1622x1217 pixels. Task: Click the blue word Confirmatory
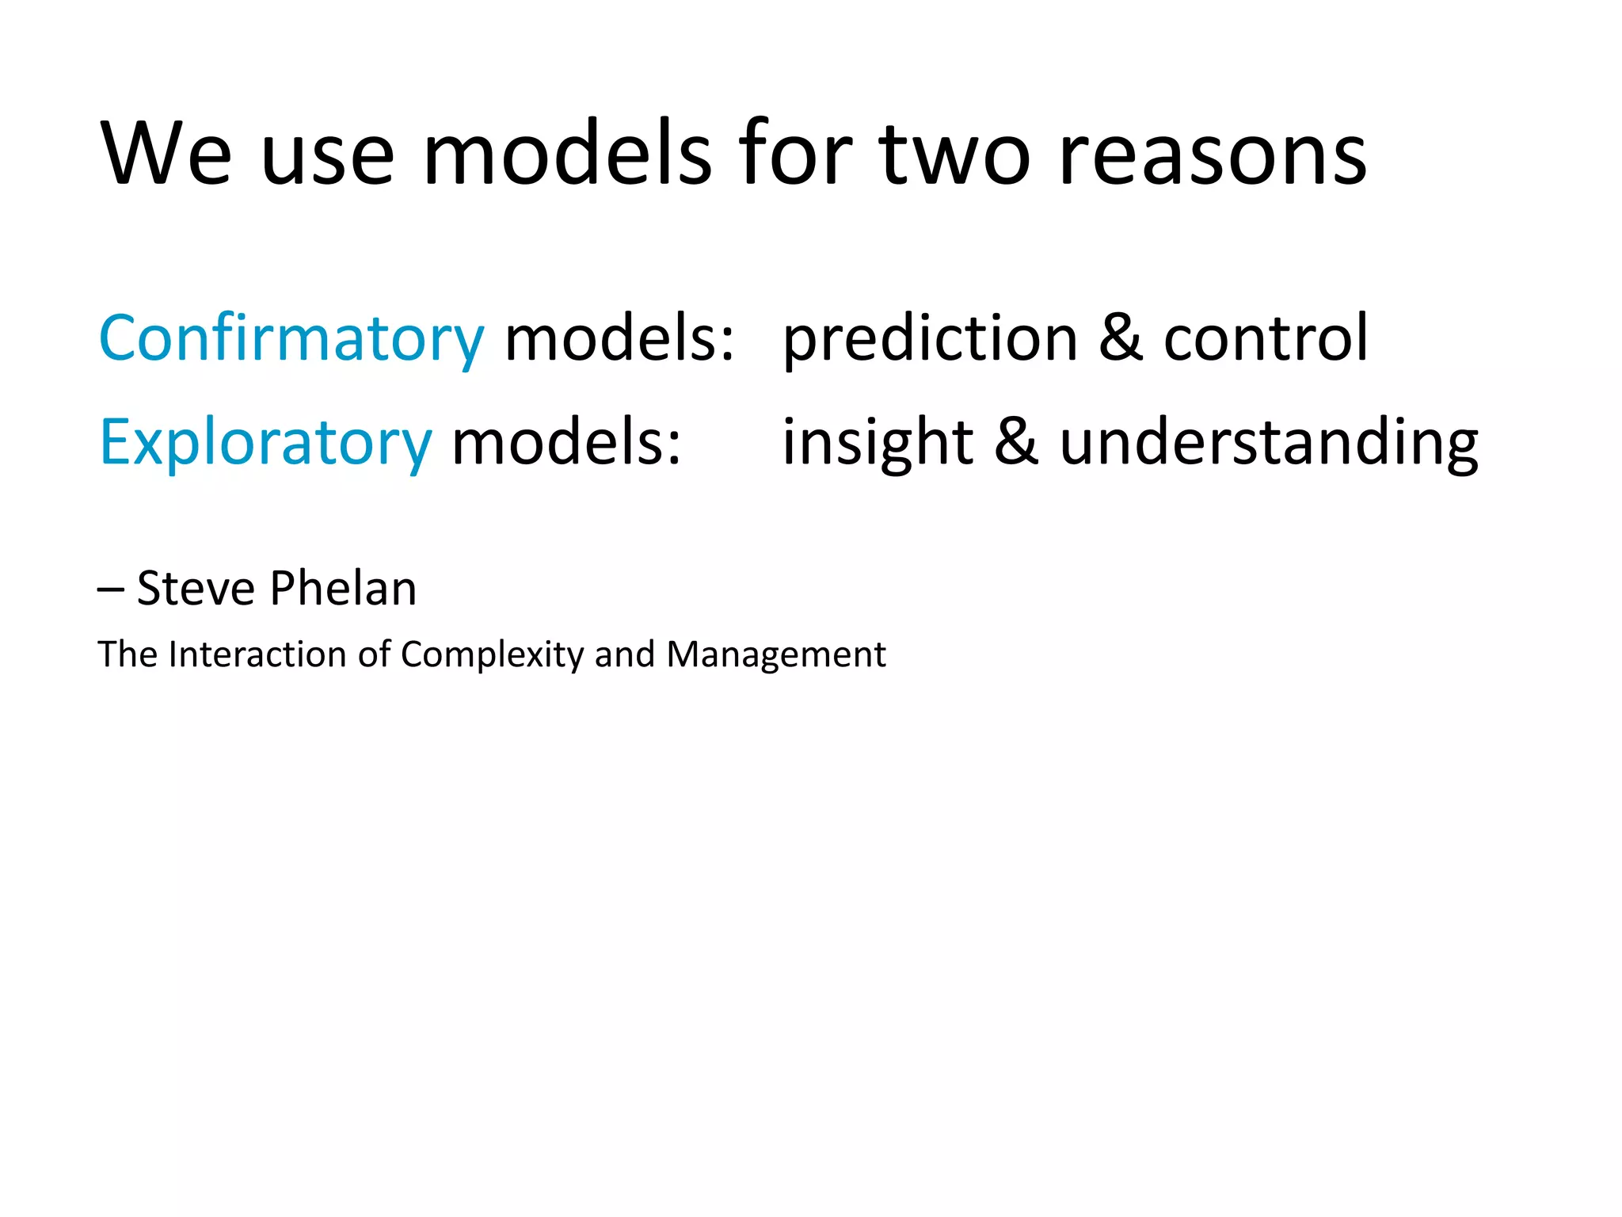pos(291,339)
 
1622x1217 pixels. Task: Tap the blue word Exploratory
pos(265,443)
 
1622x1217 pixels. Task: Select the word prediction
pos(930,339)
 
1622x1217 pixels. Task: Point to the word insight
pos(878,443)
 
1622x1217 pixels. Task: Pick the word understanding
pos(1268,441)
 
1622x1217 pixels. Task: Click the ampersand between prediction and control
pos(1121,338)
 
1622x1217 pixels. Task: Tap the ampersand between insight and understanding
pos(1016,441)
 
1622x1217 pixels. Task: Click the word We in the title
pos(166,154)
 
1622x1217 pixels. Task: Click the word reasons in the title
pos(1213,154)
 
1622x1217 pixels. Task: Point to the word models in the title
pos(567,154)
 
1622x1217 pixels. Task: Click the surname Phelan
pos(342,589)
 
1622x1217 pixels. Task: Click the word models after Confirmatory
pos(619,339)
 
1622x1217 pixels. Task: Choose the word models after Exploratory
pos(565,443)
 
